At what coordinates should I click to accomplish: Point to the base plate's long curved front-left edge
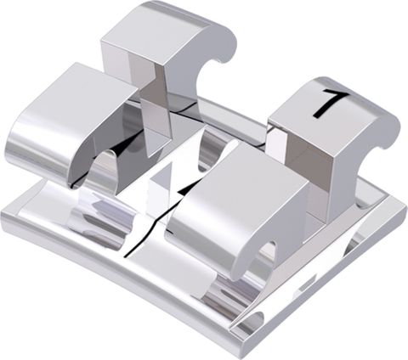click(x=110, y=280)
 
